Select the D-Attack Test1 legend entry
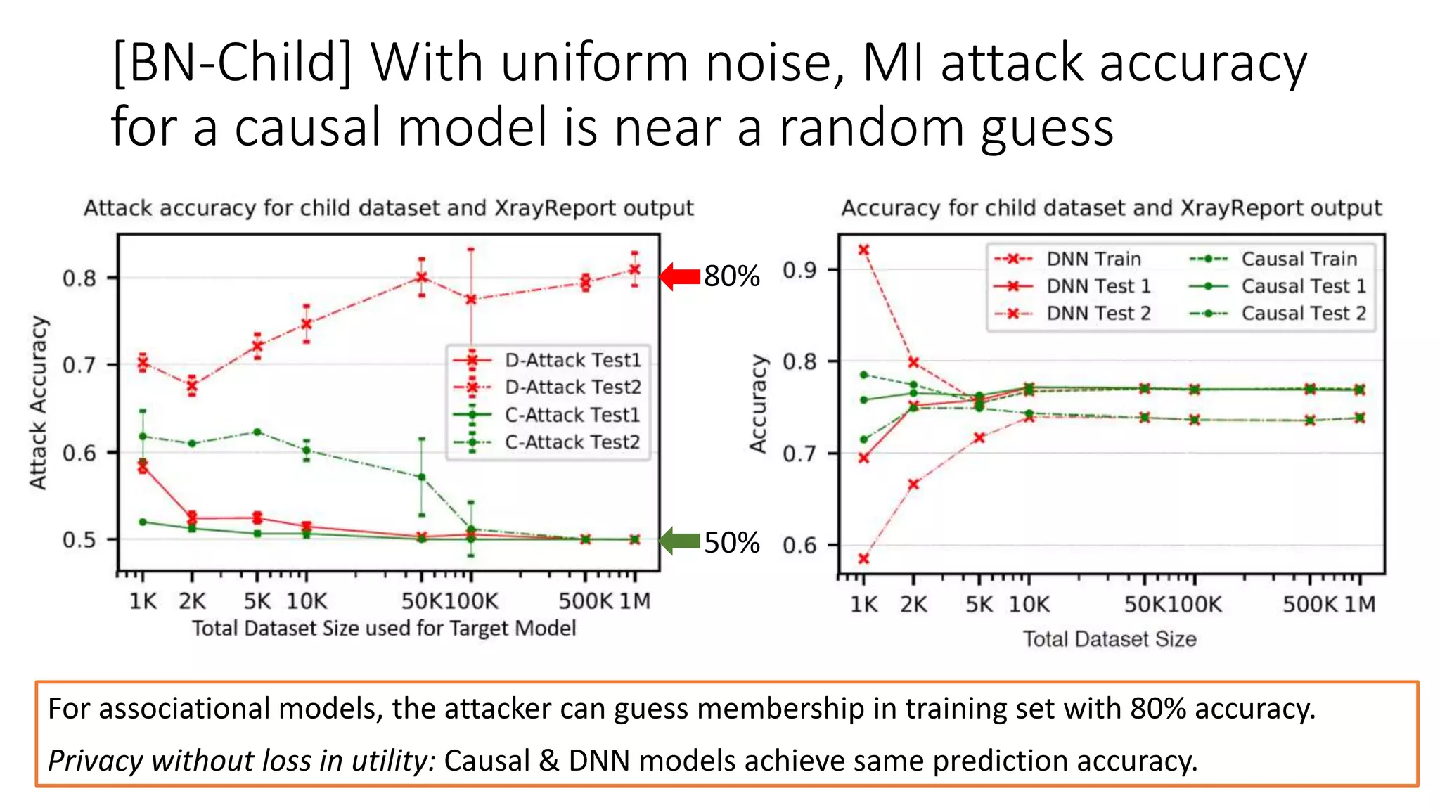(x=572, y=360)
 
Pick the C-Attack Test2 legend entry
(x=572, y=442)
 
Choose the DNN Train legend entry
(x=1093, y=259)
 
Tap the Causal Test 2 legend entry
(x=1303, y=313)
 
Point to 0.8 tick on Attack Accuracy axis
(x=79, y=278)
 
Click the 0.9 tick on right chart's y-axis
(x=799, y=270)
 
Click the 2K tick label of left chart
(x=191, y=601)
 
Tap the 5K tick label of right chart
(x=979, y=605)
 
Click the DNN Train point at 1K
(x=864, y=250)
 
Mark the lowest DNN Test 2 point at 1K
(x=864, y=559)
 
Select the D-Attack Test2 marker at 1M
(x=635, y=269)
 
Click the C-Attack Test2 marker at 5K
(x=257, y=432)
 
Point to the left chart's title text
(x=388, y=208)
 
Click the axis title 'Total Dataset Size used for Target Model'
(x=384, y=628)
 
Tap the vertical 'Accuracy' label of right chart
(x=758, y=404)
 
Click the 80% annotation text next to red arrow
(x=731, y=276)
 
